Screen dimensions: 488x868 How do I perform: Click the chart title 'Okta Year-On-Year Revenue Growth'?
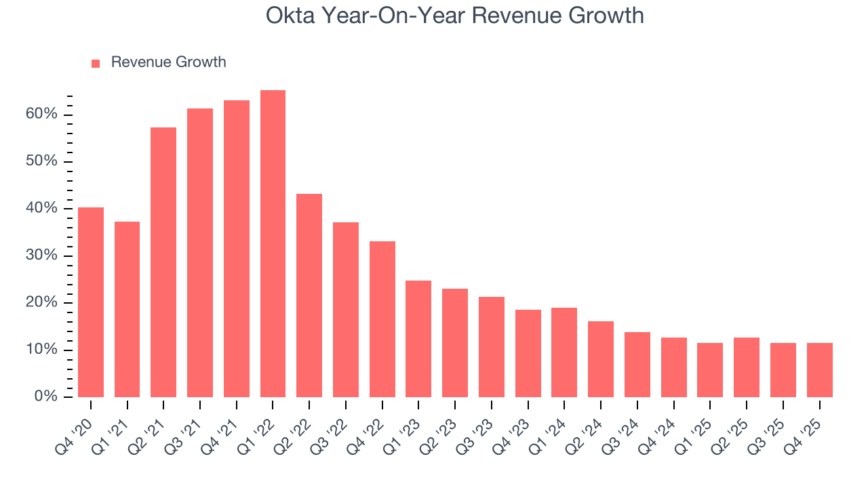point(454,15)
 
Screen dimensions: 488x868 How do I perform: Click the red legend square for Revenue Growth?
point(96,63)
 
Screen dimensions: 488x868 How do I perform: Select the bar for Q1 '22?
point(273,244)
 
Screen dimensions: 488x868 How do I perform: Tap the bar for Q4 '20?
point(91,302)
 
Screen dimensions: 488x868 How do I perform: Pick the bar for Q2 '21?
point(163,262)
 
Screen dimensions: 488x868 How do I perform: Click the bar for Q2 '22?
point(309,296)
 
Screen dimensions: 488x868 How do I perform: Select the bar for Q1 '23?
point(418,339)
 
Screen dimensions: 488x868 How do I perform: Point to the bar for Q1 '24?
point(564,352)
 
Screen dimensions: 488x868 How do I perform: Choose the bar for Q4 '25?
point(819,370)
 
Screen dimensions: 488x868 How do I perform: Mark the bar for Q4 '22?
point(382,319)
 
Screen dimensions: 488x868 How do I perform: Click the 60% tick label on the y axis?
point(41,114)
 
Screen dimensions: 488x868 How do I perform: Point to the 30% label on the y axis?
point(41,256)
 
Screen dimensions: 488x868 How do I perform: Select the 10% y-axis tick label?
point(41,350)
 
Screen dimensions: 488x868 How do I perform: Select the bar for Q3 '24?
point(637,365)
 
